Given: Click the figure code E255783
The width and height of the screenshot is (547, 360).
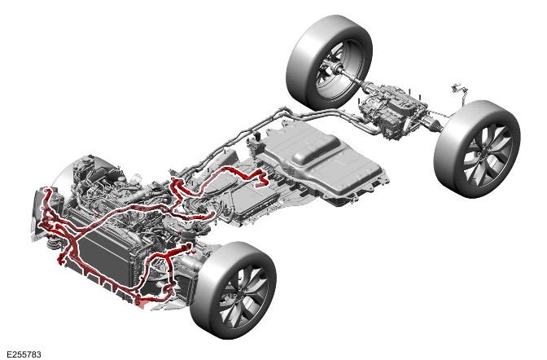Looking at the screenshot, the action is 24,354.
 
